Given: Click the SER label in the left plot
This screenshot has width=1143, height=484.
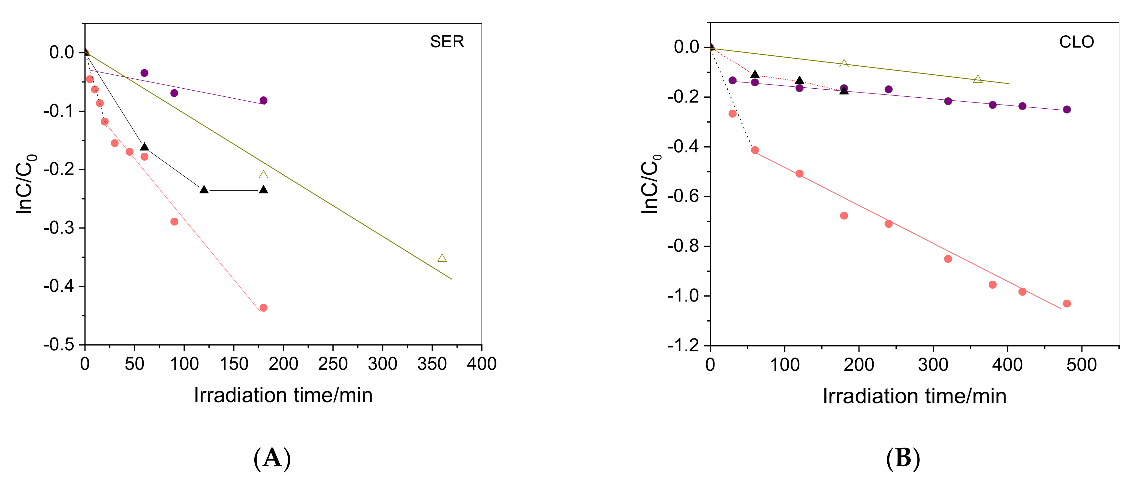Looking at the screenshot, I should (447, 42).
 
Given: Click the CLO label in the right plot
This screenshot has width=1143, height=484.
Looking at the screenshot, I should (1076, 42).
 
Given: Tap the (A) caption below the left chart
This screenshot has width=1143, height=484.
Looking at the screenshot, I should (272, 458).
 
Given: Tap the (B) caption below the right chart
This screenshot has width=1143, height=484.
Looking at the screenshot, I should (903, 458).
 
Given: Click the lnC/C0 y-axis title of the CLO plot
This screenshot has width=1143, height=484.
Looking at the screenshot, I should (650, 184).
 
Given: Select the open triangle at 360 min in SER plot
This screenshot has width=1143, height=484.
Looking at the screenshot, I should (442, 258).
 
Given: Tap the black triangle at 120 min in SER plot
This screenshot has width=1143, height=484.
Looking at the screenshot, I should (204, 190).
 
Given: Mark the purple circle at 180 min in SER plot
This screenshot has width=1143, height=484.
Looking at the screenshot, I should (263, 100).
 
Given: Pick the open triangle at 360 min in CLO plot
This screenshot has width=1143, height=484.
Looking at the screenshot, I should (978, 79).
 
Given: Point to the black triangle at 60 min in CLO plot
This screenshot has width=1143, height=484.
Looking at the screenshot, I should (755, 74).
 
